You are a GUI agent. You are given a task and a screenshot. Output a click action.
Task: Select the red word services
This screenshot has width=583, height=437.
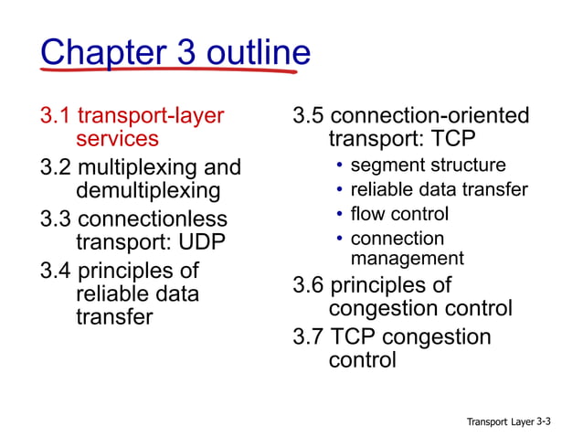tap(117, 139)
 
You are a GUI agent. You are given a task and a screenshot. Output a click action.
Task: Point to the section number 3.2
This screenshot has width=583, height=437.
tap(57, 168)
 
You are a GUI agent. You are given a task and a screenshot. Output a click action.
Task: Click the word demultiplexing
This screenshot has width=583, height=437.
tap(148, 191)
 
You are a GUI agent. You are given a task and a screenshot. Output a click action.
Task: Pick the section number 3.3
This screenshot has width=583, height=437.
tap(57, 219)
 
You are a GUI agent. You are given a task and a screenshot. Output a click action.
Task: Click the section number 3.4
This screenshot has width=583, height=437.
tap(57, 272)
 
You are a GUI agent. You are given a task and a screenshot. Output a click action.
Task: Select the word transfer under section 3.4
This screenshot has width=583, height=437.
tap(113, 317)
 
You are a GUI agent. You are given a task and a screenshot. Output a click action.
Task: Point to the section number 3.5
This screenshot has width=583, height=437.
tap(308, 116)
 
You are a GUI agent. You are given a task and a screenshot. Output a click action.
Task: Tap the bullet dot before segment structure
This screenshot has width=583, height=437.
tap(339, 166)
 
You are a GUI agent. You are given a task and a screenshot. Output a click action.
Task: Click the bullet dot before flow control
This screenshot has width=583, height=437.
tap(339, 215)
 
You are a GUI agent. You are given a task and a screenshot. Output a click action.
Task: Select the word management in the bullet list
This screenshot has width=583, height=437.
tap(408, 258)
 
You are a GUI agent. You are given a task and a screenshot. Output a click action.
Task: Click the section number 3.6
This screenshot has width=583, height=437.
tap(308, 285)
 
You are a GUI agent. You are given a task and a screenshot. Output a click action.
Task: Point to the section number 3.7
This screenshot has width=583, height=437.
tap(308, 336)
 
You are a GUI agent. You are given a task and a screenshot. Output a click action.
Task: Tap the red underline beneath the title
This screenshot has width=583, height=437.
tap(174, 70)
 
